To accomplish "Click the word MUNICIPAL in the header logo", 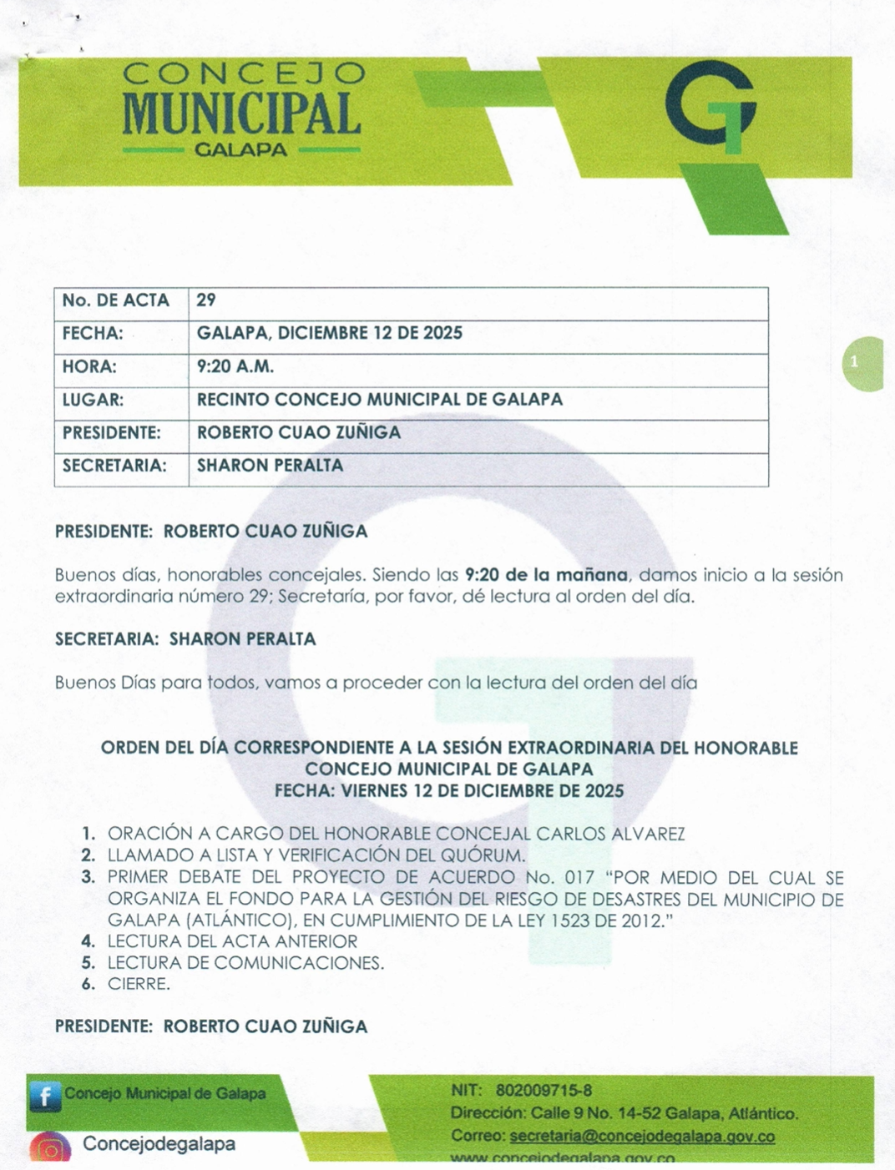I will [241, 114].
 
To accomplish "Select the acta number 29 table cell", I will [206, 300].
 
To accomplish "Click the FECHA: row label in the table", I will [93, 333].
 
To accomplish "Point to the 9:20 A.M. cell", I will [235, 366].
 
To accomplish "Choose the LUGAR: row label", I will [93, 400].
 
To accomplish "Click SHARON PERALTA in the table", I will [270, 466].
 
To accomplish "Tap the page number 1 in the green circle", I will [854, 362].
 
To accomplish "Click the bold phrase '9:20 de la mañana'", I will [546, 575].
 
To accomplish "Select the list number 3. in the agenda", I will [88, 877].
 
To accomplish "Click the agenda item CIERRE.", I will [139, 984].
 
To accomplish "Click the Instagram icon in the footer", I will [50, 1147].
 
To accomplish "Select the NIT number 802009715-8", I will [544, 1091].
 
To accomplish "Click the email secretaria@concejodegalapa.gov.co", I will [642, 1137].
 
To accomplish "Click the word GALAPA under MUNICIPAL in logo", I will [240, 151].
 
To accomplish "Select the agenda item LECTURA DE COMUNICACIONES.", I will [245, 963].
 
